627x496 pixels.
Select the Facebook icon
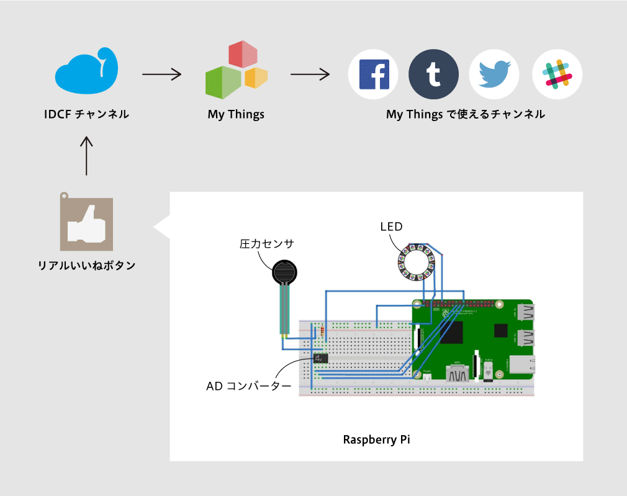pos(373,74)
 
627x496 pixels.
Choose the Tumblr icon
pos(433,74)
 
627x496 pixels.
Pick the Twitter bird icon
pos(494,74)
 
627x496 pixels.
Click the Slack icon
pos(557,74)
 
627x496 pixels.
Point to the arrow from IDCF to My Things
pos(161,74)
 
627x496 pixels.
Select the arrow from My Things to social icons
pos(310,74)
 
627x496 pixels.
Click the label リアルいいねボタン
pos(87,266)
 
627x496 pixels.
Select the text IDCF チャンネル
pos(86,114)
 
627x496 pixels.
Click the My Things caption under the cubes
pos(236,114)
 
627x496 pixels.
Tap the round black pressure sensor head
pos(286,271)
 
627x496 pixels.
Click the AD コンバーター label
pos(249,386)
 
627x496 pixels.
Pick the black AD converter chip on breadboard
pos(320,358)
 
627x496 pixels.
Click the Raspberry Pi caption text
pos(376,440)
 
